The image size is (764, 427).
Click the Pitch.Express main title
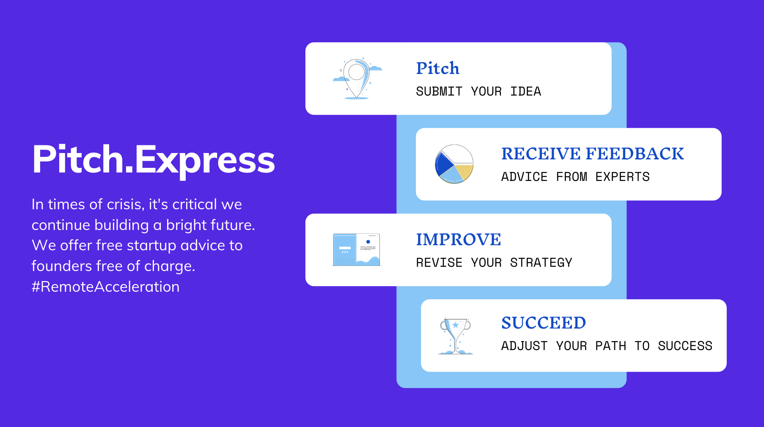[x=154, y=159]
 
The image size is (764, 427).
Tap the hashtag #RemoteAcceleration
[x=105, y=287]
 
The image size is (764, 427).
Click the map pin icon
[x=357, y=79]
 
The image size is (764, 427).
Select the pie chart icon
[x=454, y=164]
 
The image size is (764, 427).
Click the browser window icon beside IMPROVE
[x=356, y=249]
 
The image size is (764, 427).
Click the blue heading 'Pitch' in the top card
[x=437, y=68]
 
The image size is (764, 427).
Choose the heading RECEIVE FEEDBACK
[x=592, y=153]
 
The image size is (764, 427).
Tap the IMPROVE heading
[x=458, y=239]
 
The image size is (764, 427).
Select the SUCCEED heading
[x=543, y=323]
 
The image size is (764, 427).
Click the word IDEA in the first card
[x=525, y=91]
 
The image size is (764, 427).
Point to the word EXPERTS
[x=622, y=177]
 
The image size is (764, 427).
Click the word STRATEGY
[x=541, y=263]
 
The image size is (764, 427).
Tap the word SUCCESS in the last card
[x=685, y=346]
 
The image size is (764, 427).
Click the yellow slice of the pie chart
[x=464, y=172]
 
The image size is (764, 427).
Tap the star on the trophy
[x=456, y=325]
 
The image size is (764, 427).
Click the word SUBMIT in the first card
[x=439, y=91]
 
